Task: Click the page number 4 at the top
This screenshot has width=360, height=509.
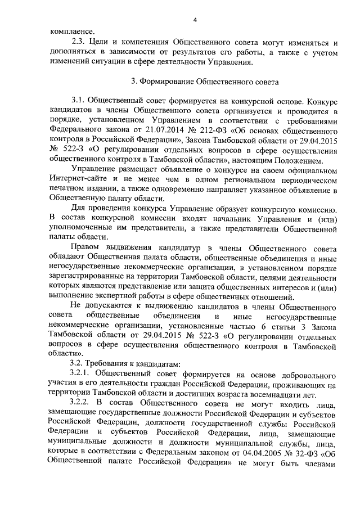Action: click(x=194, y=20)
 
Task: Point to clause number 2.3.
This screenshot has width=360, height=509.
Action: click(x=79, y=43)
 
